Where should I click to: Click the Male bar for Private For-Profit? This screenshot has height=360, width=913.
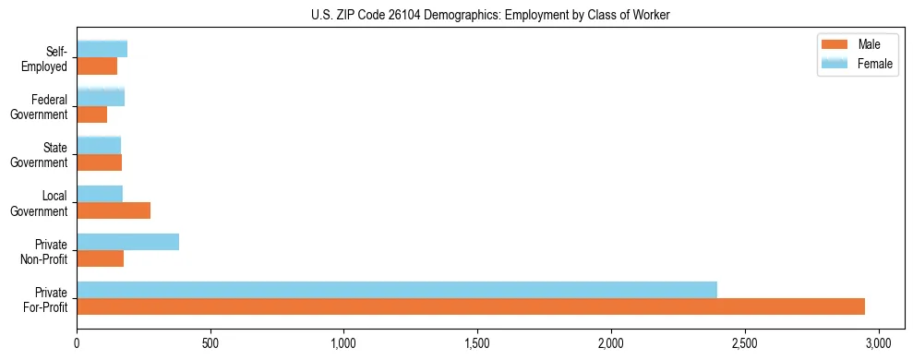[471, 306]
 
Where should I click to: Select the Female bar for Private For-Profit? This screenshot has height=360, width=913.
[397, 290]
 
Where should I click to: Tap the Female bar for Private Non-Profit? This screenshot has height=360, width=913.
[127, 242]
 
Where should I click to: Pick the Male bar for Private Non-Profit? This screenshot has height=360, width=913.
[100, 258]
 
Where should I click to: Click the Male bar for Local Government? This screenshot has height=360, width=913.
[114, 210]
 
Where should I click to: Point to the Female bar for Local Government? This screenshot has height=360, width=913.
[100, 194]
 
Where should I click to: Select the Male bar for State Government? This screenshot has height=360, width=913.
[99, 162]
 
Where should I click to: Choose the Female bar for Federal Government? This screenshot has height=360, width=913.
[101, 97]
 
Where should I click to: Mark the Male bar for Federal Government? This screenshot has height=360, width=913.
[91, 114]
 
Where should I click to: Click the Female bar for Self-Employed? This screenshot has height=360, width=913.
[102, 49]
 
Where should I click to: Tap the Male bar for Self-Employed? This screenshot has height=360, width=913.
[97, 66]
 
